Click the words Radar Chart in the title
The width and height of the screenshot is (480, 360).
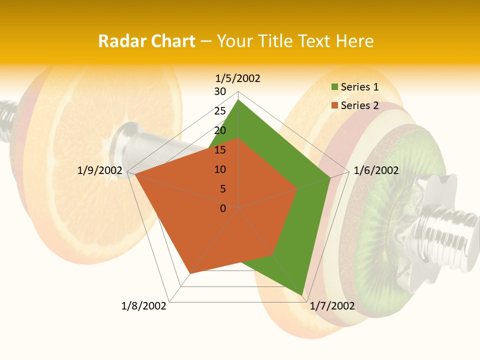click(x=146, y=41)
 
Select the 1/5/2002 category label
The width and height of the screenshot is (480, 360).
click(x=238, y=78)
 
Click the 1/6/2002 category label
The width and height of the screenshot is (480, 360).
click(x=376, y=170)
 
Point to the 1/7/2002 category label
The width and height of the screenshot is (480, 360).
click(x=332, y=306)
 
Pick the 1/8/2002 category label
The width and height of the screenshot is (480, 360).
click(x=144, y=306)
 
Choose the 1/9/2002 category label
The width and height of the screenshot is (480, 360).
click(x=100, y=170)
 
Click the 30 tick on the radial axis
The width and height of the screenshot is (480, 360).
click(x=220, y=91)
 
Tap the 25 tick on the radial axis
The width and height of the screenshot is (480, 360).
click(x=220, y=111)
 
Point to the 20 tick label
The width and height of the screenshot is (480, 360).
click(x=220, y=130)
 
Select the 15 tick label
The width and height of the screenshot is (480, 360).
click(x=220, y=150)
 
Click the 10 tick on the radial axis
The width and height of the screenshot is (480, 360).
click(x=220, y=169)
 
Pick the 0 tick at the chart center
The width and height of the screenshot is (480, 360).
click(x=223, y=208)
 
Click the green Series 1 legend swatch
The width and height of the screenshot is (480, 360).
click(x=334, y=87)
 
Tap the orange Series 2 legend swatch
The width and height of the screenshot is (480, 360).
click(x=334, y=105)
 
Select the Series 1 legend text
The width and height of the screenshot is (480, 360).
click(x=359, y=87)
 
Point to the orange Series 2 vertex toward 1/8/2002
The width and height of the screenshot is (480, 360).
click(x=190, y=273)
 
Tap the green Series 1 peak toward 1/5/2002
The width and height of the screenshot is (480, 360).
click(x=238, y=100)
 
